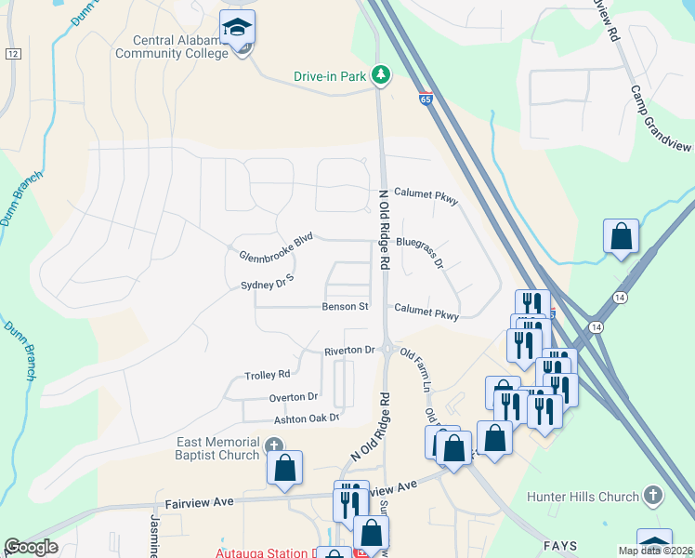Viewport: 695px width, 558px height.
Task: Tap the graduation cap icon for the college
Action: click(238, 28)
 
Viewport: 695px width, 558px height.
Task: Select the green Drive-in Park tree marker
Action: click(380, 74)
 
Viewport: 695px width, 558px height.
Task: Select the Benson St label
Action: click(346, 307)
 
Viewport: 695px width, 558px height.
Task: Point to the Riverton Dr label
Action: click(348, 351)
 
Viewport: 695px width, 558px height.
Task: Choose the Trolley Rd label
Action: click(268, 375)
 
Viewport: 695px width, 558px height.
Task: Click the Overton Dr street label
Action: click(294, 397)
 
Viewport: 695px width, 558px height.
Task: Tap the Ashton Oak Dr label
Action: click(299, 418)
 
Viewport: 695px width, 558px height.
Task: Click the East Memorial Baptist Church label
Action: click(217, 448)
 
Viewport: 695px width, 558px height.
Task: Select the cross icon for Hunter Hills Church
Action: click(653, 496)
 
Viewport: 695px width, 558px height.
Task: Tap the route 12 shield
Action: click(11, 55)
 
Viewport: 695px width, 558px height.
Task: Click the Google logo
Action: click(31, 547)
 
